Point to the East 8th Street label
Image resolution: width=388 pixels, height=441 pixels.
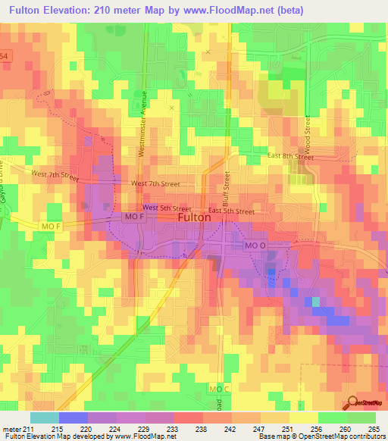[x=290, y=156]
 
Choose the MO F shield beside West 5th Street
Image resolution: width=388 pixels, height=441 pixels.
[x=133, y=217]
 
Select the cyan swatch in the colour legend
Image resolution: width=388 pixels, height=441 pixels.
[x=44, y=418]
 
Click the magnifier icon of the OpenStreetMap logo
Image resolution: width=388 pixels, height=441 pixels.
[x=353, y=402]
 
